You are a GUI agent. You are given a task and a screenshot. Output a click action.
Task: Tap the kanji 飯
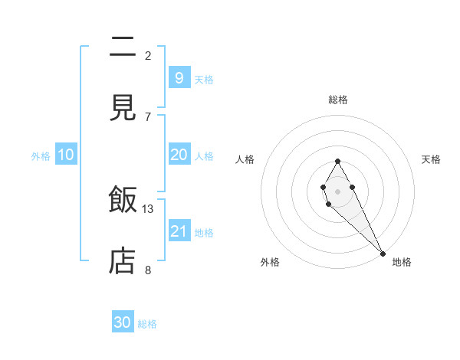coord(123,201)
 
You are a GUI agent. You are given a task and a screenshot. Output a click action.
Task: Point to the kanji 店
coord(123,261)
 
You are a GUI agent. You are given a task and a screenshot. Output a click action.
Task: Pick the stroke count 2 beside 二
coord(148,55)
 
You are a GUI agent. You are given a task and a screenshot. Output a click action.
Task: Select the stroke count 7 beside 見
coord(148,116)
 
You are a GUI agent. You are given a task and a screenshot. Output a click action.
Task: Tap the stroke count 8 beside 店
coord(148,270)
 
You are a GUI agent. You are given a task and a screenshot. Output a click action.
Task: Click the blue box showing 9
coord(179,77)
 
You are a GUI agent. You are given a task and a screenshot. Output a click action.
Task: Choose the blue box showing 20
coord(179,155)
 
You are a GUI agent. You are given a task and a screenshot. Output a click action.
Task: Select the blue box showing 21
coord(179,231)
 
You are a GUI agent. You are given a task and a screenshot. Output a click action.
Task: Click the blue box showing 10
coord(66,155)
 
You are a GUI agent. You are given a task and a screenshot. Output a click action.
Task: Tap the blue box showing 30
coord(123,322)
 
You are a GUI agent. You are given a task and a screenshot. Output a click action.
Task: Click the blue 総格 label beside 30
coord(147,324)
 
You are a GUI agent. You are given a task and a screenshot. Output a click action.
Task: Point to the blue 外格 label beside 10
coord(41,156)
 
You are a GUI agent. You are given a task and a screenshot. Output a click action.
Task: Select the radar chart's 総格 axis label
coord(337,100)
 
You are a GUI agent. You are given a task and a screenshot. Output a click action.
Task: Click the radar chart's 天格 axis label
coord(431,159)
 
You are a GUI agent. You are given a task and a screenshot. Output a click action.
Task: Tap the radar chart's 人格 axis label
coord(245,159)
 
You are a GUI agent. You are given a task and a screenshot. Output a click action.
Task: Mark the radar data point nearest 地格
coord(383,252)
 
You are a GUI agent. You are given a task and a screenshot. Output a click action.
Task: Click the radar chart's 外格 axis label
coord(270,262)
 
